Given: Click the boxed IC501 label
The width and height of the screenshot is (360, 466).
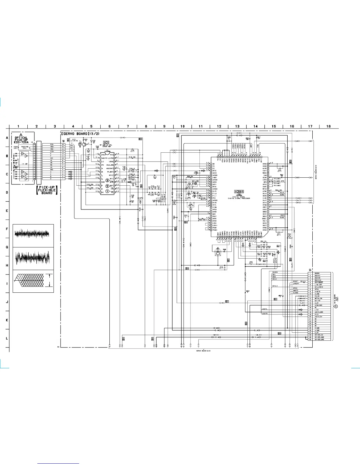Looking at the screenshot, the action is pyautogui.click(x=239, y=192).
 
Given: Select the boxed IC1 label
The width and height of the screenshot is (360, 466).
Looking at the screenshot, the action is pyautogui.click(x=106, y=142).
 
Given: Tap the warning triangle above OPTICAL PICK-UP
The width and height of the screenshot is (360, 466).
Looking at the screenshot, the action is pyautogui.click(x=21, y=135).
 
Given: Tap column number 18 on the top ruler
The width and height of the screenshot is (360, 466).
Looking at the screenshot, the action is pyautogui.click(x=328, y=126).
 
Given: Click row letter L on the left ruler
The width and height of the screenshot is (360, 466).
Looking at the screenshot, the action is pyautogui.click(x=7, y=338).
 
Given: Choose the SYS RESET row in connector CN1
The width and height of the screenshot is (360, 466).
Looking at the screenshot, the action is pyautogui.click(x=319, y=282).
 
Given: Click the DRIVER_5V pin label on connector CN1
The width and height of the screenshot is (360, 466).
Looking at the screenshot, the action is pyautogui.click(x=319, y=335).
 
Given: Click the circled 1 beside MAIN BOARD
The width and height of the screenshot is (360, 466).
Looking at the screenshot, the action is pyautogui.click(x=336, y=306).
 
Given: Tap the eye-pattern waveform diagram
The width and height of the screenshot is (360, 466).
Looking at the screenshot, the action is pyautogui.click(x=33, y=281).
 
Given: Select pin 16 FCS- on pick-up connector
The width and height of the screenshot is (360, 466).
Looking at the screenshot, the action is pyautogui.click(x=63, y=144).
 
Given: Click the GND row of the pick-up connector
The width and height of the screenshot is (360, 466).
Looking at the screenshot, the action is pyautogui.click(x=51, y=169).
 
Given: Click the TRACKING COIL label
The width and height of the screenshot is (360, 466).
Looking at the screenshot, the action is pyautogui.click(x=25, y=147).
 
